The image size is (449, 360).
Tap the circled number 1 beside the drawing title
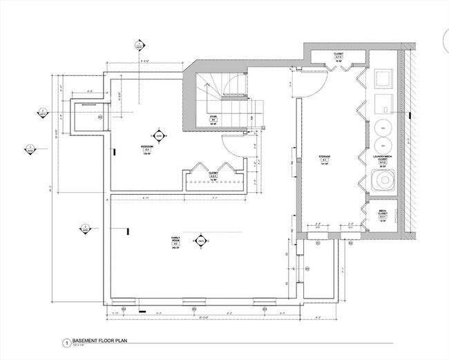pyautogui.click(x=67, y=342)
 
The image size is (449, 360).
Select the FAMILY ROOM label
pyautogui.click(x=175, y=241)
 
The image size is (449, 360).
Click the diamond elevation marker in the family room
pyautogui.click(x=201, y=240)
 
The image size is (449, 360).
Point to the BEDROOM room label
pyautogui.click(x=147, y=149)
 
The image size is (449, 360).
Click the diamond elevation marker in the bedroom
pyautogui.click(x=159, y=137)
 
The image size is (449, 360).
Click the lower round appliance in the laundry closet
pyautogui.click(x=383, y=145)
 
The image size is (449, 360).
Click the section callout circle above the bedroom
pyautogui.click(x=140, y=46)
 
